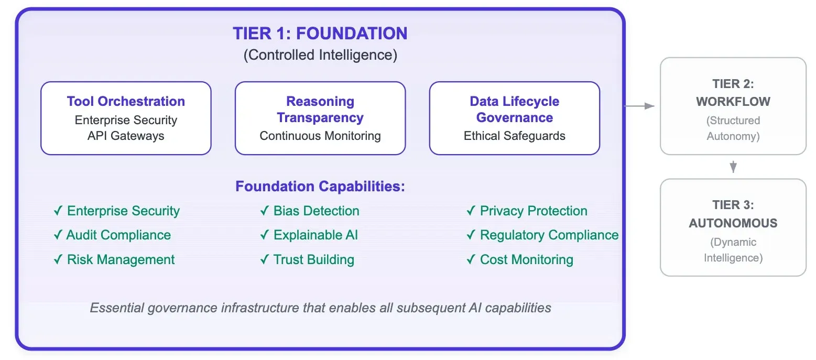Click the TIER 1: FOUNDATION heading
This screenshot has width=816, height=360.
click(x=320, y=34)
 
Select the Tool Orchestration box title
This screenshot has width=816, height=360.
click(x=126, y=101)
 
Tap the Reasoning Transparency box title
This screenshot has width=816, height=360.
click(x=320, y=109)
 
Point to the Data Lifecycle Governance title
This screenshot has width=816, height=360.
click(x=514, y=109)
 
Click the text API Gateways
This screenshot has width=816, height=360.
click(x=126, y=136)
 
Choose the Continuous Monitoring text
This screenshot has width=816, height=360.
click(x=320, y=136)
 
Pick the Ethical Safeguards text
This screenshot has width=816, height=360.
click(x=514, y=136)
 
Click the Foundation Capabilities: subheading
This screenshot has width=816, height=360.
click(x=320, y=187)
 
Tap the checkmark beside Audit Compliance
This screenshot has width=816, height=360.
click(x=58, y=235)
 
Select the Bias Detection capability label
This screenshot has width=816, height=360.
click(x=316, y=211)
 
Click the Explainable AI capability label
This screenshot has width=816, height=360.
click(x=315, y=235)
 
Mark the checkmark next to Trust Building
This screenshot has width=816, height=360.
click(x=265, y=260)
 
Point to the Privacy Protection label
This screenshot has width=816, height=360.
click(x=534, y=211)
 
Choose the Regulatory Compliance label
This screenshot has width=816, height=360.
click(x=549, y=235)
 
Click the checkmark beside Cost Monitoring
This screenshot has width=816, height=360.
click(x=471, y=260)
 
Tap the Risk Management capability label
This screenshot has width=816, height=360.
click(x=121, y=260)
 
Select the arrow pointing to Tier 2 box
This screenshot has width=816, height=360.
click(x=640, y=106)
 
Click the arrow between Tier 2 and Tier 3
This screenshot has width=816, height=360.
click(x=733, y=167)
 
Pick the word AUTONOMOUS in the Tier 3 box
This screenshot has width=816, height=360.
click(x=733, y=223)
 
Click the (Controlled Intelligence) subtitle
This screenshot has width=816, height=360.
click(x=320, y=55)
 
